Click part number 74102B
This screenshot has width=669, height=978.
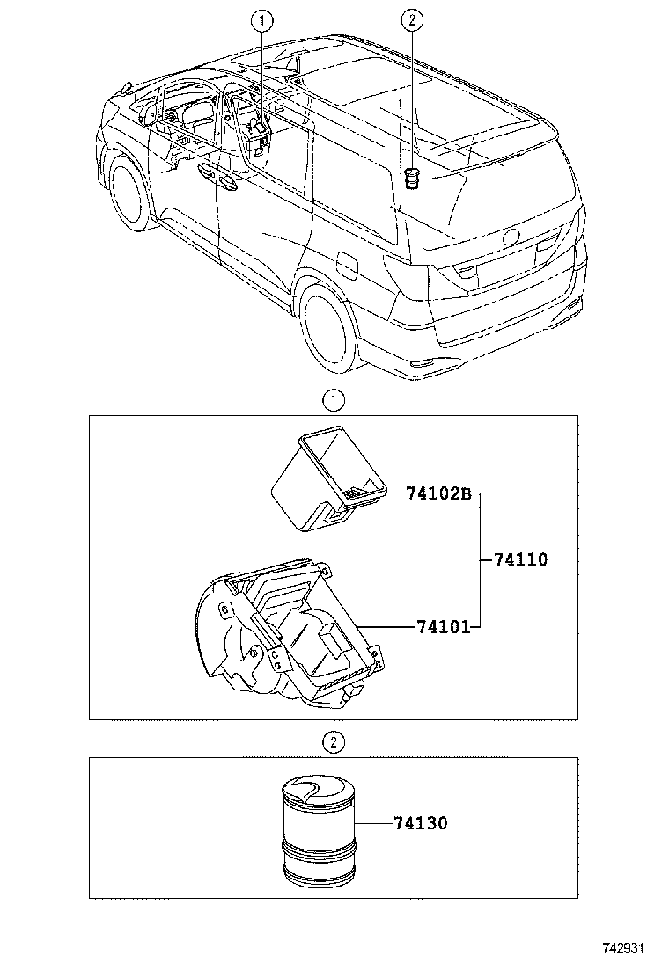coord(440,493)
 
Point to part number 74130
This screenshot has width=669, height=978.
coord(420,823)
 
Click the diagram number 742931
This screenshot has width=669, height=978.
coord(624,949)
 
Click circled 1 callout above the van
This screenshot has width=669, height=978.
coord(261,18)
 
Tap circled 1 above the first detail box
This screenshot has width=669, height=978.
coord(333,401)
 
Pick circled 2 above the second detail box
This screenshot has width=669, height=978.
coord(333,743)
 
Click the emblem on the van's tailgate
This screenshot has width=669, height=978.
coord(510,236)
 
